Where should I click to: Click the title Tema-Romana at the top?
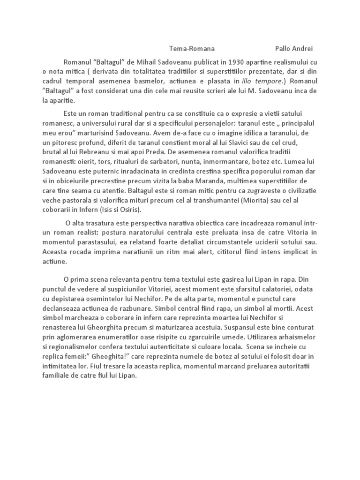point(192,48)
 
